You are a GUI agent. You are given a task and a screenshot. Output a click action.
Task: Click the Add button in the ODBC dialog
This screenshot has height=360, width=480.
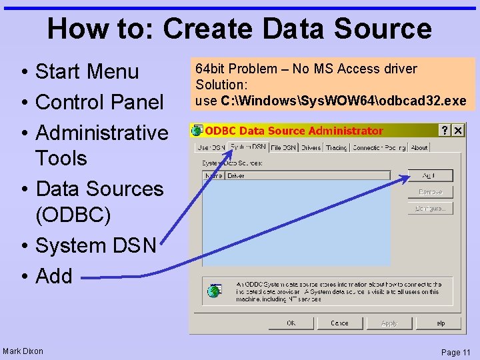coord(430,175)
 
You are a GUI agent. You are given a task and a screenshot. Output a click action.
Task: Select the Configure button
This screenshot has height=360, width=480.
coord(430,208)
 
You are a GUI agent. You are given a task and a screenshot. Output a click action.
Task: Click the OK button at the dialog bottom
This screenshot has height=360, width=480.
coord(291,323)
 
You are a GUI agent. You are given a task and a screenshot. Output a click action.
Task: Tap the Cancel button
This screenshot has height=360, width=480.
coord(339,323)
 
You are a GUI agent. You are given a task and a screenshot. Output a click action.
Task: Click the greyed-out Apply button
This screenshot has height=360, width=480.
coord(389,323)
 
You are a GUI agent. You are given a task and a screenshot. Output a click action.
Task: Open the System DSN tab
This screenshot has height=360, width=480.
coord(248,147)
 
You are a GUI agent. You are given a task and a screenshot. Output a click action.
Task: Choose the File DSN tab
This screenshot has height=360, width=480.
coord(283,147)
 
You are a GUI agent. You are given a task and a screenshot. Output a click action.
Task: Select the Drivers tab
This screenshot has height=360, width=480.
coord(311,147)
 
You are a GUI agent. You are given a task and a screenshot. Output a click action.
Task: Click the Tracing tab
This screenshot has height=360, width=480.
coord(336,147)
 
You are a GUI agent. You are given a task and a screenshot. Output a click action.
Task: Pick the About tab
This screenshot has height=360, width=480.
coord(419,147)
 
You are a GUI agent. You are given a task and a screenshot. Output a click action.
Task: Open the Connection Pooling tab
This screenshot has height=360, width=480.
coord(379,147)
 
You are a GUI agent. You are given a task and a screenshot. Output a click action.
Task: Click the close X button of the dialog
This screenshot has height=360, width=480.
coord(457,130)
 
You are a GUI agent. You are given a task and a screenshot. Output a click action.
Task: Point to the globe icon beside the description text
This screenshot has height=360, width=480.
coord(214,291)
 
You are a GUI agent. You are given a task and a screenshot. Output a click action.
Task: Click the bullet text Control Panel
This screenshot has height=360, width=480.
coord(99,102)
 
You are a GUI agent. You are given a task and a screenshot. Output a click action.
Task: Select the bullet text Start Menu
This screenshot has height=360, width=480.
coord(87,71)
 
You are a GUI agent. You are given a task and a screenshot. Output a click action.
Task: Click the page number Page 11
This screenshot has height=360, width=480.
coord(455,352)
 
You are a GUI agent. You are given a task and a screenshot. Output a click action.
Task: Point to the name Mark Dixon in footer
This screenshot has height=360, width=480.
coord(23,351)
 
